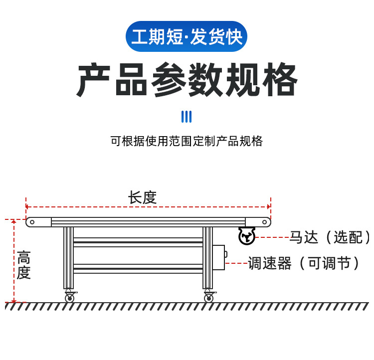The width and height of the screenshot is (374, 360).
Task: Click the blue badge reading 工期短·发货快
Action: (187, 37)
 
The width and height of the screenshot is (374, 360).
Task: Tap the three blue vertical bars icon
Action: (187, 117)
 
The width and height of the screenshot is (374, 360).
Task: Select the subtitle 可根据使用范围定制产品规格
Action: (187, 141)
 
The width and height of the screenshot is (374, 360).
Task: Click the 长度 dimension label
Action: (142, 197)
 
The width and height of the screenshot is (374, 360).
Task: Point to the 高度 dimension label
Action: (23, 265)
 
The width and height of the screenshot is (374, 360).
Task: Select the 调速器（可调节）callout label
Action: (304, 263)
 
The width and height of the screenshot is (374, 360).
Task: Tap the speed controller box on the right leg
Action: (218, 257)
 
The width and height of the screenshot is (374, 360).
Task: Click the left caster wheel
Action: (69, 298)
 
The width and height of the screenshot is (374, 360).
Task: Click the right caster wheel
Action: (208, 298)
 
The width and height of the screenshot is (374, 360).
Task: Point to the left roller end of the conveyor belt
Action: (32, 222)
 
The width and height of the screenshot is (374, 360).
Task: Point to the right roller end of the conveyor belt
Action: (264, 222)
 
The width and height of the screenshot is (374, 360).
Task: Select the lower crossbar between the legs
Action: (138, 268)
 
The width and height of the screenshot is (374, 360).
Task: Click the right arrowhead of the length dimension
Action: (269, 206)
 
